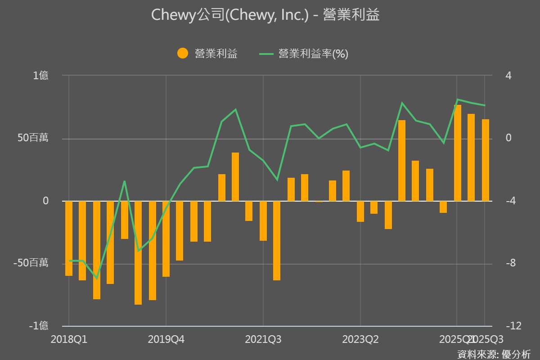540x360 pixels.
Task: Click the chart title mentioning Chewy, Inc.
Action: point(265,15)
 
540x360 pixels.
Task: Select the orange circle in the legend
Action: point(183,54)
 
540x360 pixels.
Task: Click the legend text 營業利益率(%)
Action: point(313,54)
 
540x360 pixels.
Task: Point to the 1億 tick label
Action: point(40,76)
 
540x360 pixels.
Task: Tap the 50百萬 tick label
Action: point(33,138)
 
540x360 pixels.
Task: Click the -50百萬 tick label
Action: point(31,263)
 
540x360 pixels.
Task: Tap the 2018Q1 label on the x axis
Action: point(69,339)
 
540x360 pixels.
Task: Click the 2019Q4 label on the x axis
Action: point(166,339)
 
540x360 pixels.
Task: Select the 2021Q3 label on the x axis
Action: point(263,339)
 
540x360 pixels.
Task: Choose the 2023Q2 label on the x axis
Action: point(360,339)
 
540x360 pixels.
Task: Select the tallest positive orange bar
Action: point(458,153)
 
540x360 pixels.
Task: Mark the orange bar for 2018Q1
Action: point(69,238)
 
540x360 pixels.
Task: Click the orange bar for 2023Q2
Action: point(360,211)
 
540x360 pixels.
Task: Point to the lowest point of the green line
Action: point(96,278)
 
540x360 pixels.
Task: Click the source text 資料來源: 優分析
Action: point(494,354)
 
